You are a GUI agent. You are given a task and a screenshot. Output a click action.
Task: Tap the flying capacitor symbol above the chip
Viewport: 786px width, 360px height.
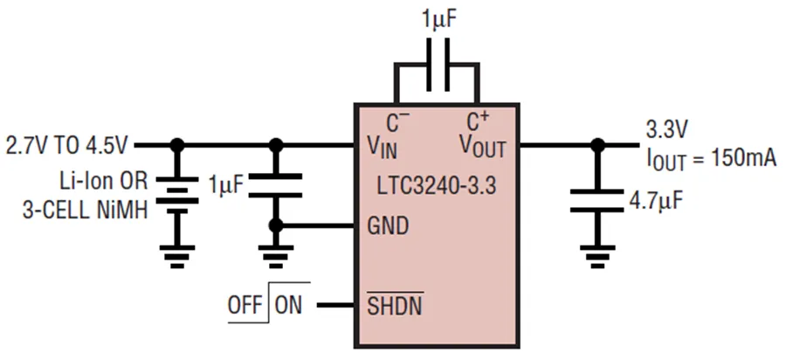437,66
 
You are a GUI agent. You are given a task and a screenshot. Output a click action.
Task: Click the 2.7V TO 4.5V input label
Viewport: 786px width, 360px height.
66,143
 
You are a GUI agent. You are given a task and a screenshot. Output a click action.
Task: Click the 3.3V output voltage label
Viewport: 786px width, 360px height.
667,130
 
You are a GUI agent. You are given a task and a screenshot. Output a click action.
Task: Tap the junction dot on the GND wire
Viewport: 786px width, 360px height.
277,225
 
